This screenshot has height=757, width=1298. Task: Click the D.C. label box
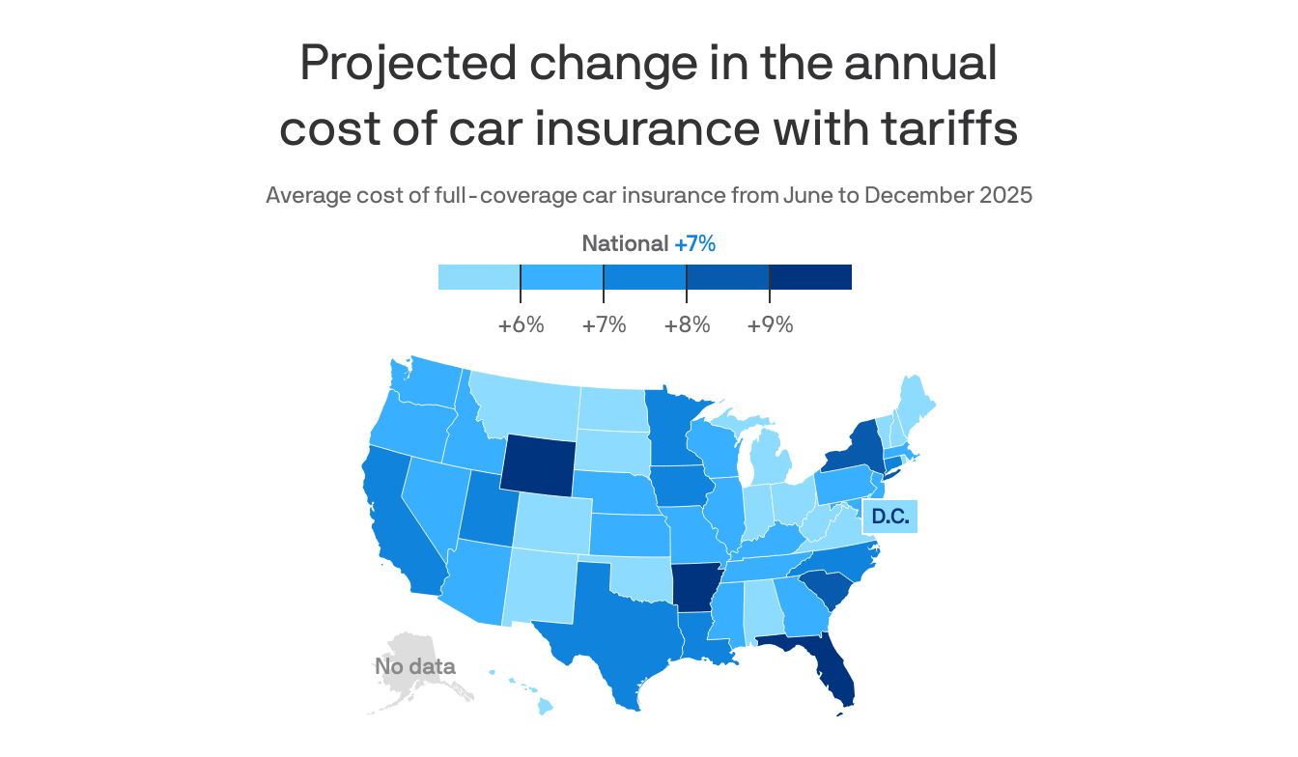point(889,517)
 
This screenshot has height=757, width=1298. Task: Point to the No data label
point(414,666)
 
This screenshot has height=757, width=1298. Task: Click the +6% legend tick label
point(521,325)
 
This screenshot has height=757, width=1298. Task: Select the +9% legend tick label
point(770,325)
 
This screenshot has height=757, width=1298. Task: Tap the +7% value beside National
point(694,244)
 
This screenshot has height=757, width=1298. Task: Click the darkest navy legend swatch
point(810,277)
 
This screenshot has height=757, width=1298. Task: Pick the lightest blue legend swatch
point(479,277)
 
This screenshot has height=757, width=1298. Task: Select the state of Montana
point(526,406)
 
